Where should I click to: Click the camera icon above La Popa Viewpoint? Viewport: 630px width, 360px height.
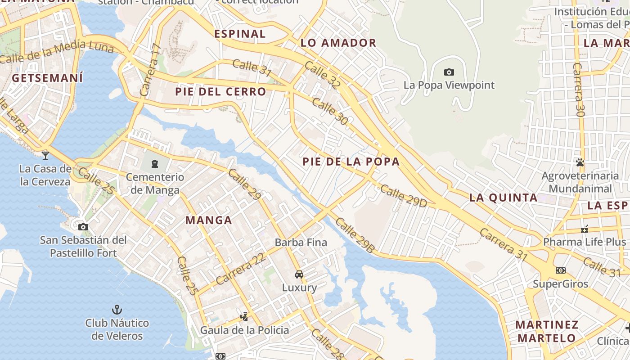pyautogui.click(x=449, y=72)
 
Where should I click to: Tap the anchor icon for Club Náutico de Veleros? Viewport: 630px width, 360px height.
pyautogui.click(x=117, y=310)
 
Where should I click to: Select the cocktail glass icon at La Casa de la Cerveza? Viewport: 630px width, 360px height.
pyautogui.click(x=45, y=155)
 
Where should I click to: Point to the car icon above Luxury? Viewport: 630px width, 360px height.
pyautogui.click(x=299, y=274)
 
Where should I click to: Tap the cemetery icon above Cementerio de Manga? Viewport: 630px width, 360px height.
pyautogui.click(x=155, y=163)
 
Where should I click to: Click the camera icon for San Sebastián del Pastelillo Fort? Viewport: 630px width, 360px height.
pyautogui.click(x=83, y=227)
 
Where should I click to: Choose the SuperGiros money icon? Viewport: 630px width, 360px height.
pyautogui.click(x=560, y=270)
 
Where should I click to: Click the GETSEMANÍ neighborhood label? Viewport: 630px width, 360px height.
pyautogui.click(x=47, y=78)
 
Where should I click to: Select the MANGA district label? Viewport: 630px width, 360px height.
pyautogui.click(x=209, y=220)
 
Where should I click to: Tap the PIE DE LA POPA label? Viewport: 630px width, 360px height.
pyautogui.click(x=351, y=162)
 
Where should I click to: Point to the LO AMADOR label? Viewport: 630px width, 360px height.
pyautogui.click(x=338, y=43)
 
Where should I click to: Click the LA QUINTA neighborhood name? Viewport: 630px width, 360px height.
pyautogui.click(x=503, y=198)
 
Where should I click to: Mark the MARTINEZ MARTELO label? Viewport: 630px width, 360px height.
pyautogui.click(x=546, y=331)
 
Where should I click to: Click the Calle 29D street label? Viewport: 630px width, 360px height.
pyautogui.click(x=403, y=196)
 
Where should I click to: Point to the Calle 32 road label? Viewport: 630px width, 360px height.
pyautogui.click(x=322, y=74)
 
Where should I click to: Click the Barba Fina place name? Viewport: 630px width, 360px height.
pyautogui.click(x=301, y=243)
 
